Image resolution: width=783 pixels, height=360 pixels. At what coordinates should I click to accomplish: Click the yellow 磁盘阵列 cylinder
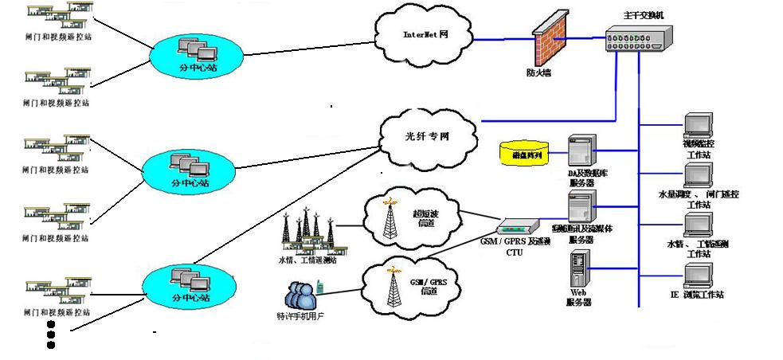click(527, 152)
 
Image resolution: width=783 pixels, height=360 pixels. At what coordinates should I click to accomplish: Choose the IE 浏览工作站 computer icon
click(698, 273)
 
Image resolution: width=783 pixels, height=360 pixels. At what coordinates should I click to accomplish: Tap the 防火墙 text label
click(539, 72)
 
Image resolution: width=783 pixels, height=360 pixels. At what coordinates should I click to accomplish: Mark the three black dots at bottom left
click(52, 335)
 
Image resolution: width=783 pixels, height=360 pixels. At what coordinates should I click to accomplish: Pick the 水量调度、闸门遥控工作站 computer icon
click(698, 175)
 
